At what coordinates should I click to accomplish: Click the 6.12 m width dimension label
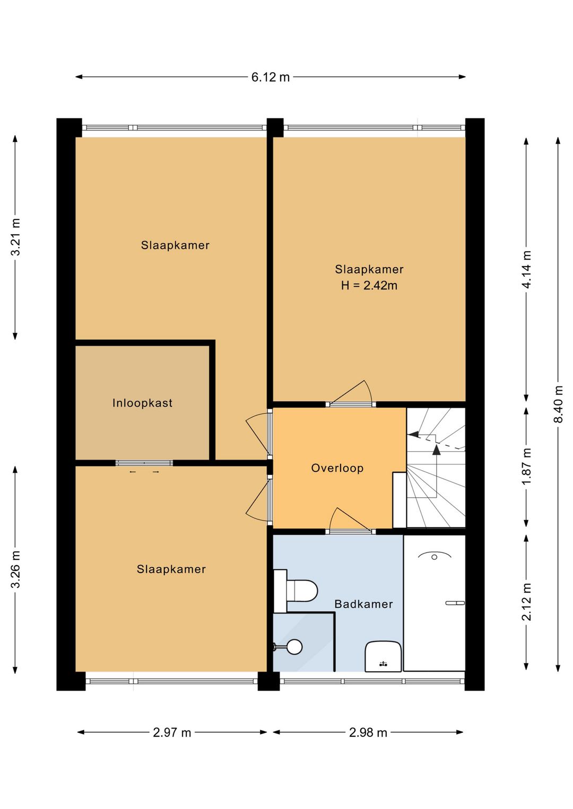coord(271,77)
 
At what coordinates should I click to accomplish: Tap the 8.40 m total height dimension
coord(558,404)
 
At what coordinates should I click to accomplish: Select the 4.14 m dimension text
coord(526,269)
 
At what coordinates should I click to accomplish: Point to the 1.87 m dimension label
coord(526,467)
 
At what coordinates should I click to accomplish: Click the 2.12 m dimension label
coord(526,602)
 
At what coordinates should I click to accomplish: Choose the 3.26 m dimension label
coord(15,569)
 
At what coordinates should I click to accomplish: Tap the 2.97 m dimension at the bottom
coord(172,733)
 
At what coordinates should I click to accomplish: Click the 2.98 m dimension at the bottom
coord(368,733)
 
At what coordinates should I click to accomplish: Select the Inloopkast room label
coord(142,403)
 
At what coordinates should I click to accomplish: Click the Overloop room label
coord(337,468)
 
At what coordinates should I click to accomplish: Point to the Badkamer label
coord(363,604)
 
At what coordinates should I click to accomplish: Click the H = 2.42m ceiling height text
coord(369,286)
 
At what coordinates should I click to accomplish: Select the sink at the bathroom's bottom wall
coord(383,656)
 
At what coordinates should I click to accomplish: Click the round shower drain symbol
coord(294,647)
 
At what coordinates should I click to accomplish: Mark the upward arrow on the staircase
coord(436,450)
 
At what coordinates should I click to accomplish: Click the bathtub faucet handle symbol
coord(455,603)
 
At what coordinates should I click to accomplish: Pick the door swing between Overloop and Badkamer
coord(348,520)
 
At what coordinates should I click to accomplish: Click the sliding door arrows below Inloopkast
coord(144,472)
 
